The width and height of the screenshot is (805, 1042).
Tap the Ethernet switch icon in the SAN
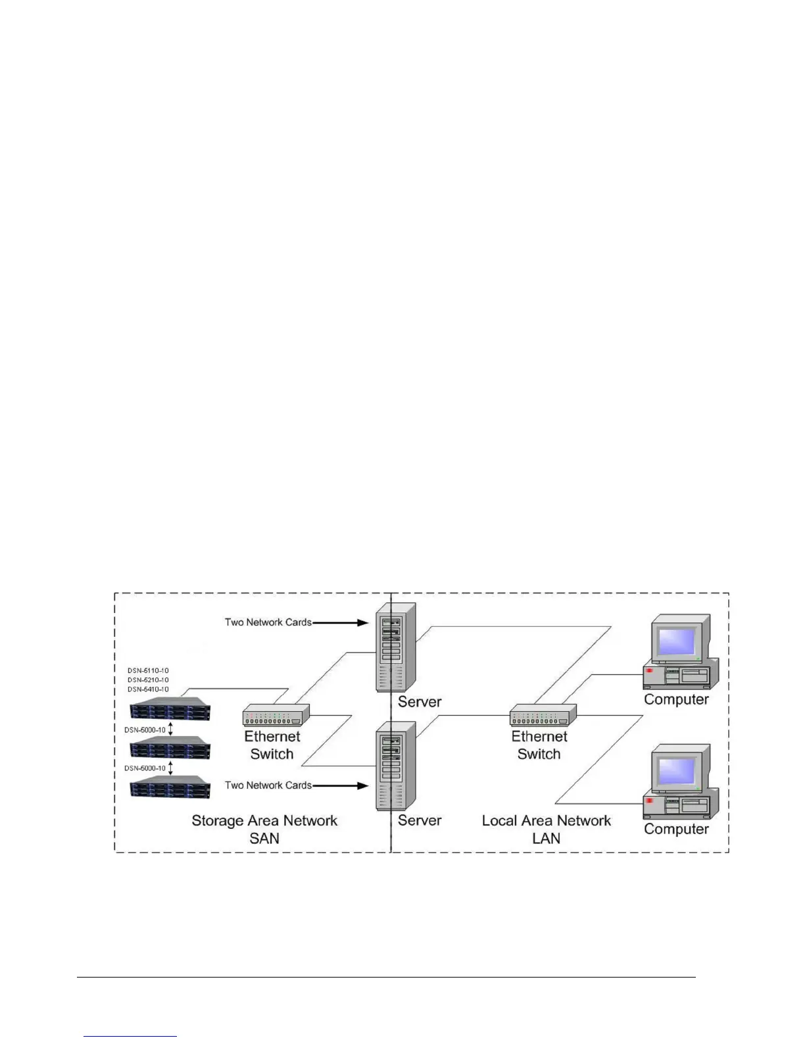tap(276, 714)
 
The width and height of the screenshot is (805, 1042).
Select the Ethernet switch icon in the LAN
tap(543, 714)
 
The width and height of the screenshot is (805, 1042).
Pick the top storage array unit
tap(170, 710)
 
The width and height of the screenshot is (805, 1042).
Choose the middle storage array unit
tap(170, 748)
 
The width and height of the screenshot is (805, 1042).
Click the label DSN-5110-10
tap(148, 671)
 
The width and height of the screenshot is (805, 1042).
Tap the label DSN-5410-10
tap(148, 689)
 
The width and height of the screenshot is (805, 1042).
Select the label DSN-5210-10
tap(148, 680)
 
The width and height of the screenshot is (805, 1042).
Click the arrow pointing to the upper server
tap(340, 622)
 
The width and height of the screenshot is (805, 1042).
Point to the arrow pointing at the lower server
tap(340, 785)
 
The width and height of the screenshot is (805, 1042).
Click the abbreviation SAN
tap(264, 839)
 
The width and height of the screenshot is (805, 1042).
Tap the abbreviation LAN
tap(546, 839)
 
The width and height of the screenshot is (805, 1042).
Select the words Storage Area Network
tap(264, 821)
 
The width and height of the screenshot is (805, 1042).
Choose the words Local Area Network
tap(546, 821)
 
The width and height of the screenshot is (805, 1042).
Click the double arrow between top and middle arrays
tap(171, 729)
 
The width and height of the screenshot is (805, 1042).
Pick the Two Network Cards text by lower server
tap(268, 785)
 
